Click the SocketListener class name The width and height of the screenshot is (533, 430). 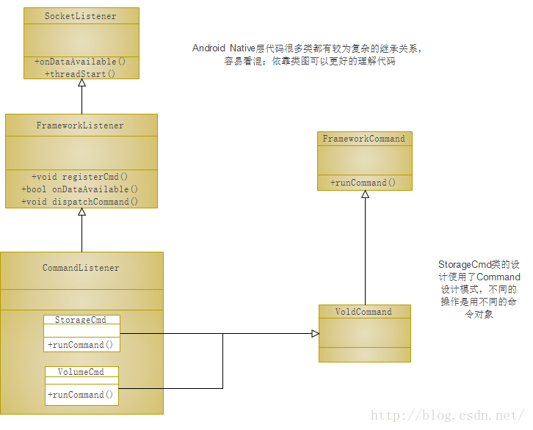80,16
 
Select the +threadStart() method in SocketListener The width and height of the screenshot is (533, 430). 80,73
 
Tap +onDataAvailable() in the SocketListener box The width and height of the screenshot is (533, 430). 80,62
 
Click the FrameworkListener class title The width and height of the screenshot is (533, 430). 80,125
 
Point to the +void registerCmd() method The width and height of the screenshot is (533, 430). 80,176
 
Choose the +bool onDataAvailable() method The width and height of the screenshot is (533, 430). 80,189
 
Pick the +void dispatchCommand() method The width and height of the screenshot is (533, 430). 80,201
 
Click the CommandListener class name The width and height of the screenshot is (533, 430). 81,268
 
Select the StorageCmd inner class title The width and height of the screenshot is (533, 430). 81,320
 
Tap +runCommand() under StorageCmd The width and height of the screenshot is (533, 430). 81,344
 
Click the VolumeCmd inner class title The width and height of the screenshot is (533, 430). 81,371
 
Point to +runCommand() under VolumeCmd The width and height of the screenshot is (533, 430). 81,395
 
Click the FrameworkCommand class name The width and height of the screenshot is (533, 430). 363,138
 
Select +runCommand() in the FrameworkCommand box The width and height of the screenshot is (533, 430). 363,182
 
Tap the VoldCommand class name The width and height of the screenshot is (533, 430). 363,312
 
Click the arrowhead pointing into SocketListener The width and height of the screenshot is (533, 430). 81,84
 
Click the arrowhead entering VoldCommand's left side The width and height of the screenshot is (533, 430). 314,334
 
